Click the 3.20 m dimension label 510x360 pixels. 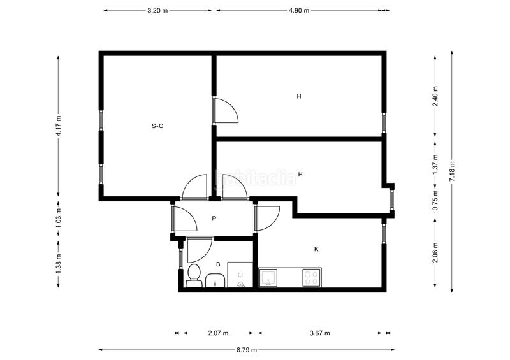[157, 10]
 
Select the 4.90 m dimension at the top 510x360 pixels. [299, 10]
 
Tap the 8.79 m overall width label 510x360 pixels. [246, 349]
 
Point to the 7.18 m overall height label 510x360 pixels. [451, 171]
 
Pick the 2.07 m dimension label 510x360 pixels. [218, 333]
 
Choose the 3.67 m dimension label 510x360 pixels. [319, 333]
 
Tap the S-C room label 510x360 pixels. [157, 126]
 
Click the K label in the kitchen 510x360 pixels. [316, 249]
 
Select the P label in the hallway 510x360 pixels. [214, 219]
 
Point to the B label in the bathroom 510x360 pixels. [218, 264]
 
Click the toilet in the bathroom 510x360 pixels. [194, 275]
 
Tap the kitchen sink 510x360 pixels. [268, 277]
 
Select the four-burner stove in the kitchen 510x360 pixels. [311, 277]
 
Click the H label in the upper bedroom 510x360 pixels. [298, 97]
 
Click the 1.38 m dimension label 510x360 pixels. [58, 264]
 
